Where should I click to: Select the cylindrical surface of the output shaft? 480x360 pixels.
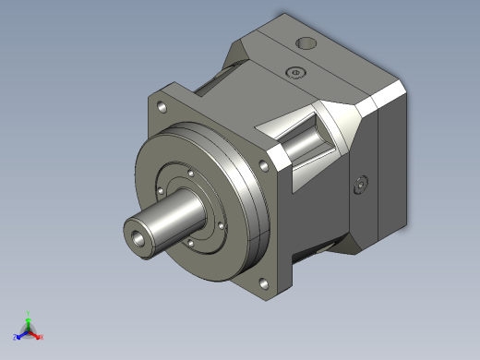pos(171,222)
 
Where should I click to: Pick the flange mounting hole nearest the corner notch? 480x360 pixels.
pos(265,165)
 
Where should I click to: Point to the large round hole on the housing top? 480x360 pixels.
pos(305,43)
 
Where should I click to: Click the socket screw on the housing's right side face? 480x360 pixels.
pos(360,186)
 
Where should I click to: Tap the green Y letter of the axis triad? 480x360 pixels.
pos(30,313)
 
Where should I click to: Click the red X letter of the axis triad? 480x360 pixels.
pos(42,337)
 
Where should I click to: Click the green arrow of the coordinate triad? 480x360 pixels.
pos(29,322)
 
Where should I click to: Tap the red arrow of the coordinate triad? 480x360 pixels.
pos(36,334)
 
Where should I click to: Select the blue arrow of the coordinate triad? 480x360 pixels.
pos(21,334)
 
